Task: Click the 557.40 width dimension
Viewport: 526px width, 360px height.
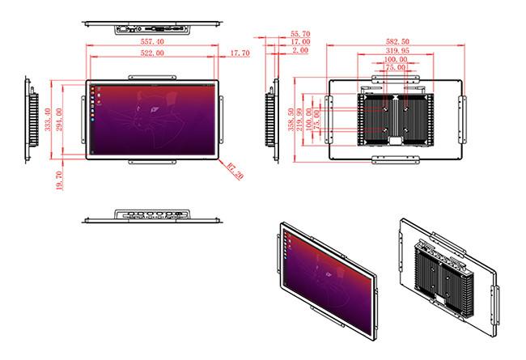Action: tap(152, 41)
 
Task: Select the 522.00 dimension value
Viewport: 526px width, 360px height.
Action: tap(152, 53)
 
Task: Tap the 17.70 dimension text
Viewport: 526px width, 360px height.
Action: tap(240, 53)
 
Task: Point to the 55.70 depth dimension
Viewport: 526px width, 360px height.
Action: tap(300, 34)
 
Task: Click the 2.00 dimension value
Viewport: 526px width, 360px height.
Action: tap(300, 50)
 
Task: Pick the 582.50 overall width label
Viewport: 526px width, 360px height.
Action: tap(397, 41)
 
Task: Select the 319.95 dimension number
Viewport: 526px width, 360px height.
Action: tap(397, 51)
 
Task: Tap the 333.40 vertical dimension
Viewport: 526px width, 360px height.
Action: tap(48, 119)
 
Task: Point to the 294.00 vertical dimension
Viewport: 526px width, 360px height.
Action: tap(59, 119)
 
